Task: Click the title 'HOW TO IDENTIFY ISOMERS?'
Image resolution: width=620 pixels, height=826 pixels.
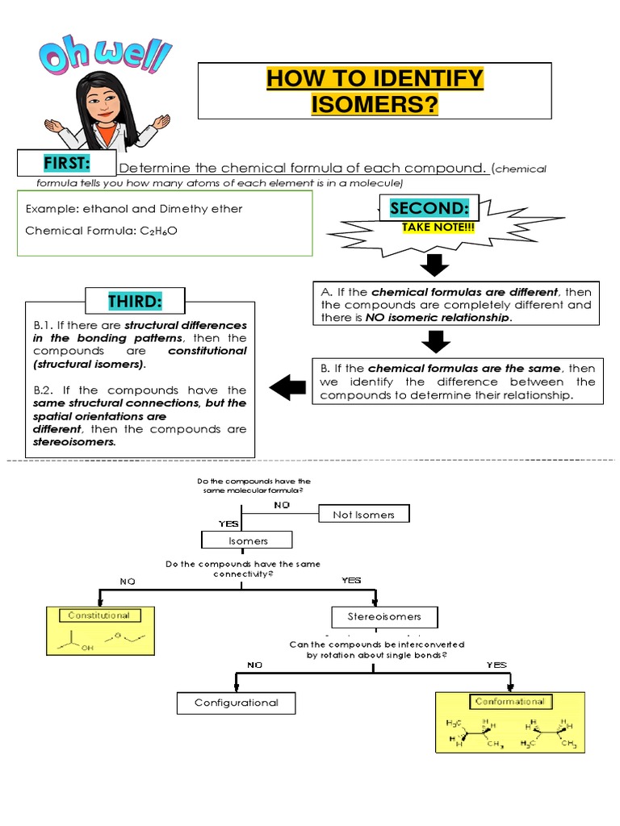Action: pos(375,91)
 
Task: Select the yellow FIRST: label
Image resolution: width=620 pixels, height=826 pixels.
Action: pos(66,164)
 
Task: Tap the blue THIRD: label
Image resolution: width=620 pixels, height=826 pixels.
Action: pos(135,302)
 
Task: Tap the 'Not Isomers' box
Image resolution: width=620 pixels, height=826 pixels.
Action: pos(363,514)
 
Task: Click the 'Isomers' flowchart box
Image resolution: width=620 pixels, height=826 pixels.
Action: pos(246,540)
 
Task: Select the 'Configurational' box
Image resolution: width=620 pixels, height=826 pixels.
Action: pos(236,703)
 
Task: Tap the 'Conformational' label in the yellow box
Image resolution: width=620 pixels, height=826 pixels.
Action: pos(509,702)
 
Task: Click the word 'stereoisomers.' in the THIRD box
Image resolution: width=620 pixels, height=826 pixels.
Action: pos(74,442)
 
